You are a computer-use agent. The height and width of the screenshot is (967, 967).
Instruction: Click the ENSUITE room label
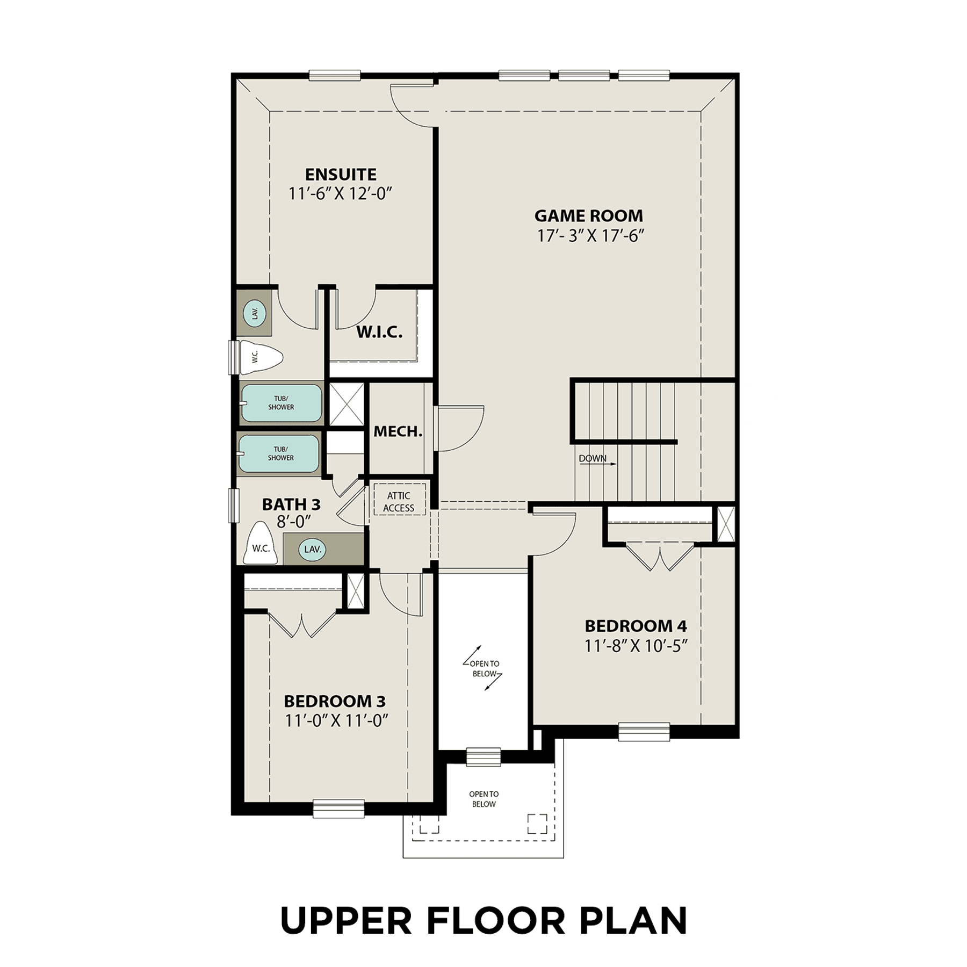341,175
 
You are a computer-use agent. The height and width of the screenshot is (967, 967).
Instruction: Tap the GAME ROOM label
588,216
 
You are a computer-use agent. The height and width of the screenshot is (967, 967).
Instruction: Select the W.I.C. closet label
379,332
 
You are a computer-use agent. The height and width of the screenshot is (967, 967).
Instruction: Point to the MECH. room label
398,431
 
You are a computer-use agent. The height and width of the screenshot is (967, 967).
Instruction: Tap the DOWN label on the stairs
593,458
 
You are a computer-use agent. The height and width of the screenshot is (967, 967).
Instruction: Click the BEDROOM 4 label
636,626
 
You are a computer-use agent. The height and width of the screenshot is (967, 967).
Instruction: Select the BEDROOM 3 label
335,701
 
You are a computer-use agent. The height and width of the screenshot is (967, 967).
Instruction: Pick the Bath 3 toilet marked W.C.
261,543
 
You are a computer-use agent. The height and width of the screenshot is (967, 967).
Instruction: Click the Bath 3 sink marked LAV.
312,549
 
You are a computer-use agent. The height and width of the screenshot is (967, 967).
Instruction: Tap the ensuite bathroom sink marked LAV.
255,313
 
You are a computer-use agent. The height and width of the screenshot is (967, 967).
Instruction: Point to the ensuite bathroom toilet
261,357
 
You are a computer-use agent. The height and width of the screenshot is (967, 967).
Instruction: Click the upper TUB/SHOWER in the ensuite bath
281,403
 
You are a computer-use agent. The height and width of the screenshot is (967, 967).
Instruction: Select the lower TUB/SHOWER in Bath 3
279,454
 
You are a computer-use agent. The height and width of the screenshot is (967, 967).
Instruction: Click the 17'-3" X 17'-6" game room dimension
590,236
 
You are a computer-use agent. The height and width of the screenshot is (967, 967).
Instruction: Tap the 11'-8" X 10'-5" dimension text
636,646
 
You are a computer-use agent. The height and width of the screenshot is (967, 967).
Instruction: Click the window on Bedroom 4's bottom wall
644,732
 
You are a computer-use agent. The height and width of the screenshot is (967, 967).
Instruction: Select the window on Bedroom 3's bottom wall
338,809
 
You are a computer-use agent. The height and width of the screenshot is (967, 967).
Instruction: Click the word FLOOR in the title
496,920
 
